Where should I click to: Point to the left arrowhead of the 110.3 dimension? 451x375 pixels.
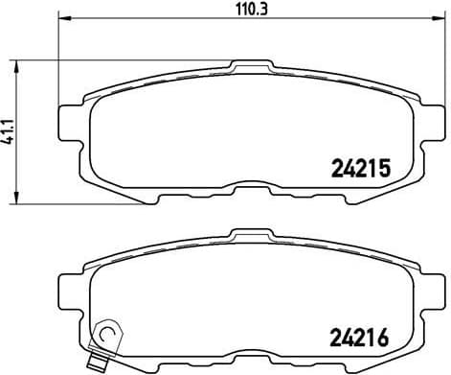point(63,19)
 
